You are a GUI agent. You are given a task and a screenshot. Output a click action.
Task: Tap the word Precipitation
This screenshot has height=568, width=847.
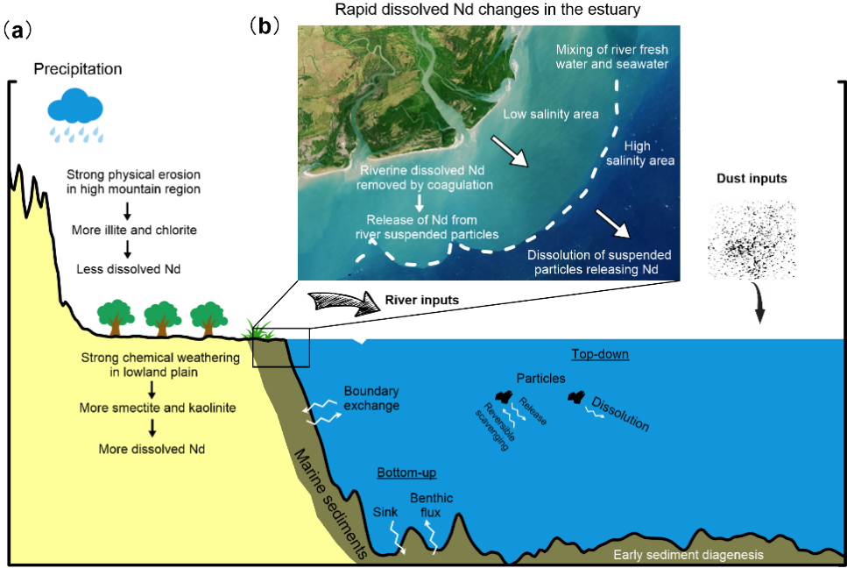78,69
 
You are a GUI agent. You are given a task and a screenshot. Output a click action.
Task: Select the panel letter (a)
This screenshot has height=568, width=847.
18,31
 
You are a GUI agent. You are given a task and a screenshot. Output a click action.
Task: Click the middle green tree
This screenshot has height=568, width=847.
161,316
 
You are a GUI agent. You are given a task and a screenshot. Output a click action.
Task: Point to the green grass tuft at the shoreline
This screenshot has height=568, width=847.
261,330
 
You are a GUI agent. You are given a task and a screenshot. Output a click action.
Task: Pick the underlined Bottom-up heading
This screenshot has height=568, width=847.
406,472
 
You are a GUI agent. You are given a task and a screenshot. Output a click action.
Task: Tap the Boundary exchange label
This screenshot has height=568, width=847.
371,399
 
